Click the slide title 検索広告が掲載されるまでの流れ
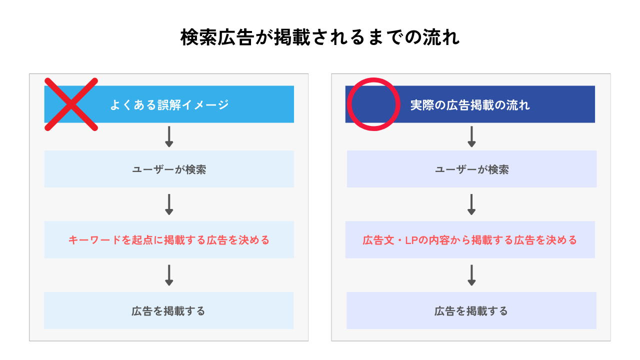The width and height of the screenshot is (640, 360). (x=320, y=37)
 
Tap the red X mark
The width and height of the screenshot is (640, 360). (x=71, y=104)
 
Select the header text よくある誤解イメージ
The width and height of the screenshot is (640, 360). (x=169, y=105)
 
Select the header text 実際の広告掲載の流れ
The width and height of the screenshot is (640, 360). (x=470, y=105)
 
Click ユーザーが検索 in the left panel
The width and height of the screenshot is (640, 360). (x=169, y=169)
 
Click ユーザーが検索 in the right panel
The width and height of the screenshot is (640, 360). (x=471, y=169)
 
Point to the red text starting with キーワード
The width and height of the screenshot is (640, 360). (x=169, y=240)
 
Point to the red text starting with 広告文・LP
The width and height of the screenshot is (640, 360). (x=470, y=240)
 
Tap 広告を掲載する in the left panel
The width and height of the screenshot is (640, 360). (x=168, y=311)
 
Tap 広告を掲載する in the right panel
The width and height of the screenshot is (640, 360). (x=471, y=311)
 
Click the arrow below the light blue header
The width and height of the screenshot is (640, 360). (x=169, y=137)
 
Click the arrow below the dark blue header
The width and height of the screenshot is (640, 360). (x=471, y=137)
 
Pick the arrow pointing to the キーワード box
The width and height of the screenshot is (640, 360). (x=169, y=204)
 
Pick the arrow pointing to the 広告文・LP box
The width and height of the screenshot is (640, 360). (x=471, y=204)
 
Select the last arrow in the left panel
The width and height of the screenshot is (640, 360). (x=169, y=275)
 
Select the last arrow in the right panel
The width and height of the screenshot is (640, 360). (x=471, y=275)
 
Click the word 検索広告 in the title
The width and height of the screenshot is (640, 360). (x=217, y=37)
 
